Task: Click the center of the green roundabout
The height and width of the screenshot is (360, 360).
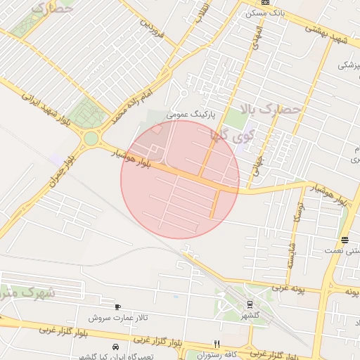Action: (x=91, y=139)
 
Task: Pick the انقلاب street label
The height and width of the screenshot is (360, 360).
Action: (x=201, y=11)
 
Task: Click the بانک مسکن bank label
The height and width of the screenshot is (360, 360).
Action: (x=269, y=13)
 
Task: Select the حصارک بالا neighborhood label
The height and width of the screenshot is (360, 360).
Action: (x=270, y=109)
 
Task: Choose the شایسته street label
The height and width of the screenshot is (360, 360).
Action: (x=290, y=255)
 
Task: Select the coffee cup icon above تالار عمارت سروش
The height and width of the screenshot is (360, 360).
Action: (x=117, y=307)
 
